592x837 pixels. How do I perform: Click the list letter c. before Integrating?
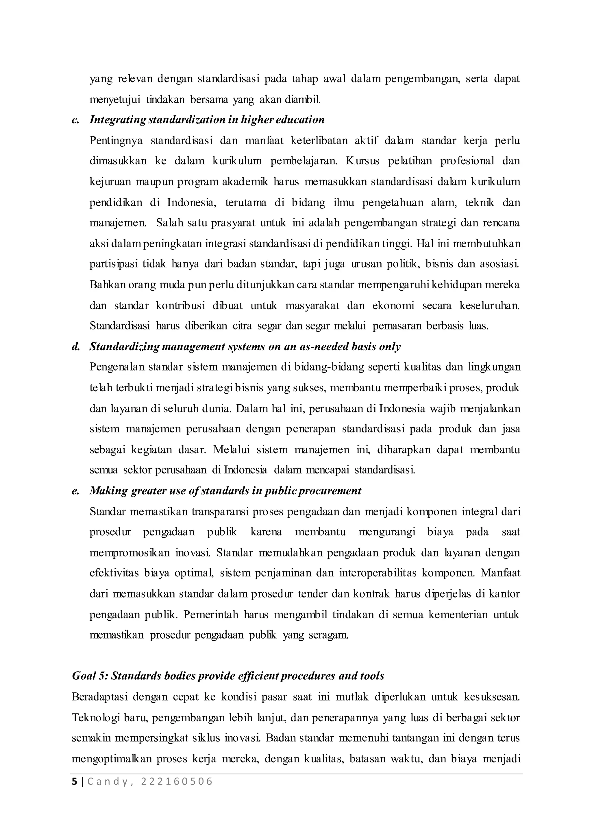click(x=75, y=120)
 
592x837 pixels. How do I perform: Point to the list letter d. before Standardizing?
click(x=76, y=346)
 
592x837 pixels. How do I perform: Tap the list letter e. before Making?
click(x=75, y=491)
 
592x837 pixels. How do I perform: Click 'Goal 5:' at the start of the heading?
click(x=90, y=676)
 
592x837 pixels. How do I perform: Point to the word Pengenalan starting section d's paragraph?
click(x=117, y=367)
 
